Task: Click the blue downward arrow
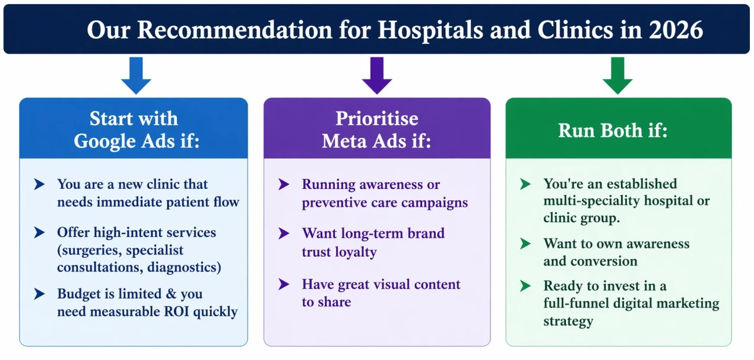pyautogui.click(x=136, y=75)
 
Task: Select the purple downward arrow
pyautogui.click(x=377, y=75)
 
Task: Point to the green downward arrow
pyautogui.click(x=617, y=75)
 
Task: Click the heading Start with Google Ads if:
pyautogui.click(x=134, y=130)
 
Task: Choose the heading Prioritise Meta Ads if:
pyautogui.click(x=376, y=130)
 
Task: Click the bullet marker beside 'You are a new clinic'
pyautogui.click(x=40, y=185)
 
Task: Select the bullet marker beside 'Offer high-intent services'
pyautogui.click(x=40, y=232)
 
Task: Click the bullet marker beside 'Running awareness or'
pyautogui.click(x=284, y=185)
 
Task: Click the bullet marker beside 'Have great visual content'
pyautogui.click(x=284, y=285)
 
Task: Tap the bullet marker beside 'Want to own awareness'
pyautogui.click(x=525, y=244)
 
